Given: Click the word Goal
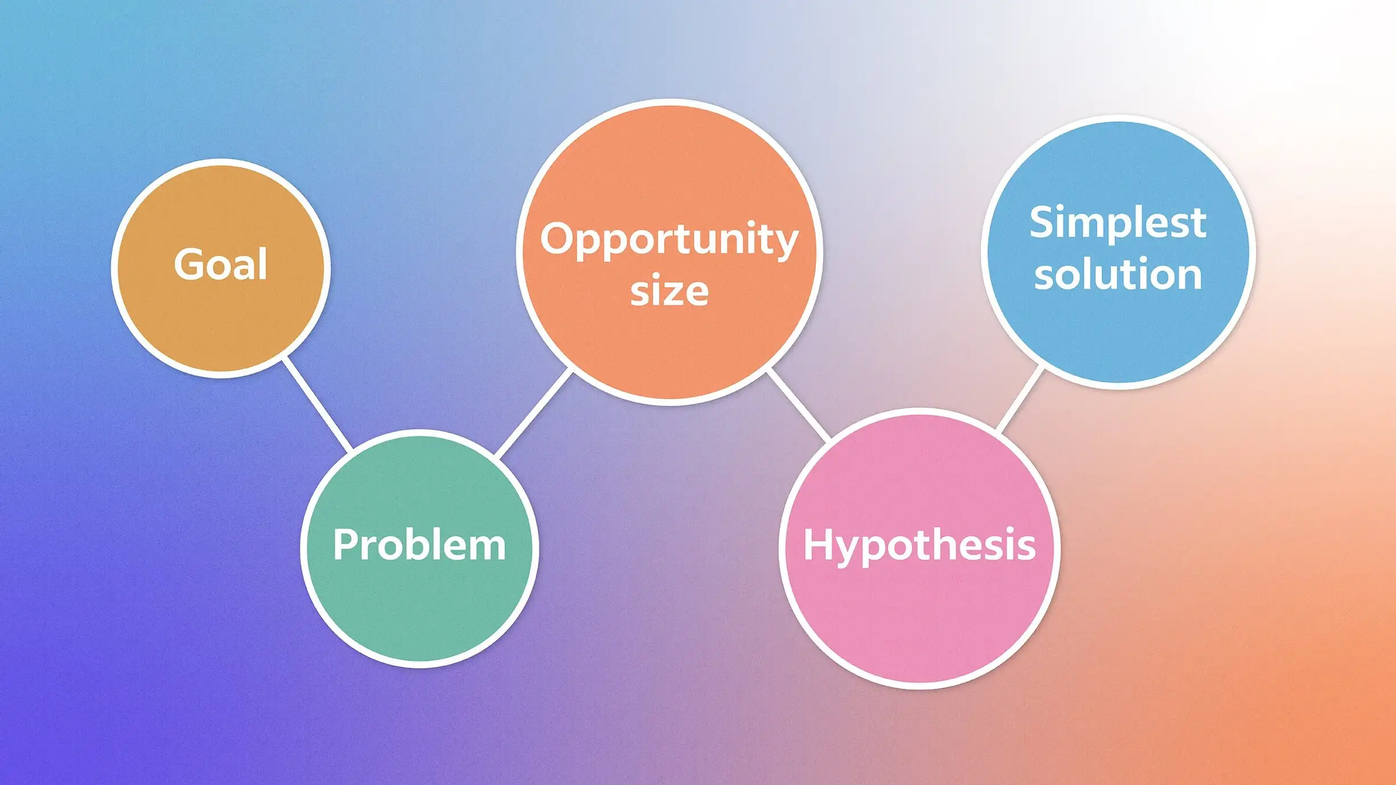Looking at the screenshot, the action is (x=221, y=264).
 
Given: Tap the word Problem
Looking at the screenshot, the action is (x=419, y=545).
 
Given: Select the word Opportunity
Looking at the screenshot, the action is (x=669, y=239).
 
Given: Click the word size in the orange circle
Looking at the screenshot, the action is (x=669, y=291).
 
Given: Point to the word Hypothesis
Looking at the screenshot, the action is (x=919, y=545).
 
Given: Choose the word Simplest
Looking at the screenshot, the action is (x=1117, y=223).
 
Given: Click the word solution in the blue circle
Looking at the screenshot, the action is (x=1118, y=275).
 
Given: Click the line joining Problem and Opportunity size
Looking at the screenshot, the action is (x=533, y=412).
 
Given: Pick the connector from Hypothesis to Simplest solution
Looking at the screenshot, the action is (x=1021, y=399).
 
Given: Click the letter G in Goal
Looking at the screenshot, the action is (x=189, y=264).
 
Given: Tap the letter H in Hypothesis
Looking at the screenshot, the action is (x=818, y=545).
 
